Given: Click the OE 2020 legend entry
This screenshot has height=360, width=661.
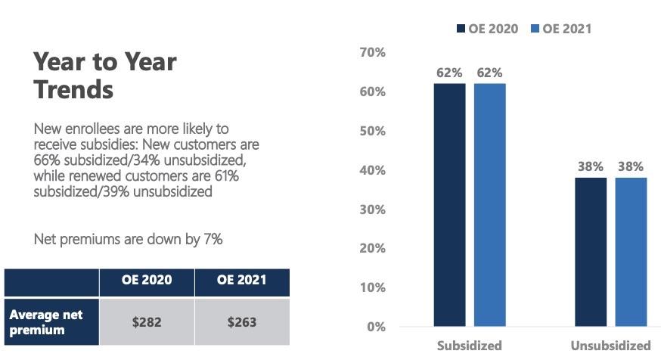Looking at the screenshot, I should tap(487, 29).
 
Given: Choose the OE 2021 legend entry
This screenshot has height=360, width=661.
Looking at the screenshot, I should tap(560, 29).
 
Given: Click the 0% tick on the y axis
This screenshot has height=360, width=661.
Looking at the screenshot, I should tap(377, 327).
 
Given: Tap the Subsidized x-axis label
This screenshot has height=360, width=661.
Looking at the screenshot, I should tap(469, 346).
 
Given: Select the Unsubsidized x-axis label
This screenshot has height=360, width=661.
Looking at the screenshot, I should tap(610, 346).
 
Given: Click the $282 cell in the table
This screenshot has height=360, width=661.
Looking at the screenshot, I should tap(147, 322).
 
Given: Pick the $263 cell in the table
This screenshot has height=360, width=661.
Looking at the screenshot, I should tap(242, 322).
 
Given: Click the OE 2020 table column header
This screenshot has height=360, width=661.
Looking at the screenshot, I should tap(147, 281).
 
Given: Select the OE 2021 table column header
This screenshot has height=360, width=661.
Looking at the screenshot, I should tap(242, 281).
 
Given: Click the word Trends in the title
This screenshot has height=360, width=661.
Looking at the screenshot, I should tap(73, 89).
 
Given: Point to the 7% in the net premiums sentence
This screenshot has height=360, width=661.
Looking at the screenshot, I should tap(212, 239).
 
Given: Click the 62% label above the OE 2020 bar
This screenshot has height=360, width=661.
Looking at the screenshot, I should tap(449, 73).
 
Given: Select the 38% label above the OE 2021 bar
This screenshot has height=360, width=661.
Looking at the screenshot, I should tap(631, 166).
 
